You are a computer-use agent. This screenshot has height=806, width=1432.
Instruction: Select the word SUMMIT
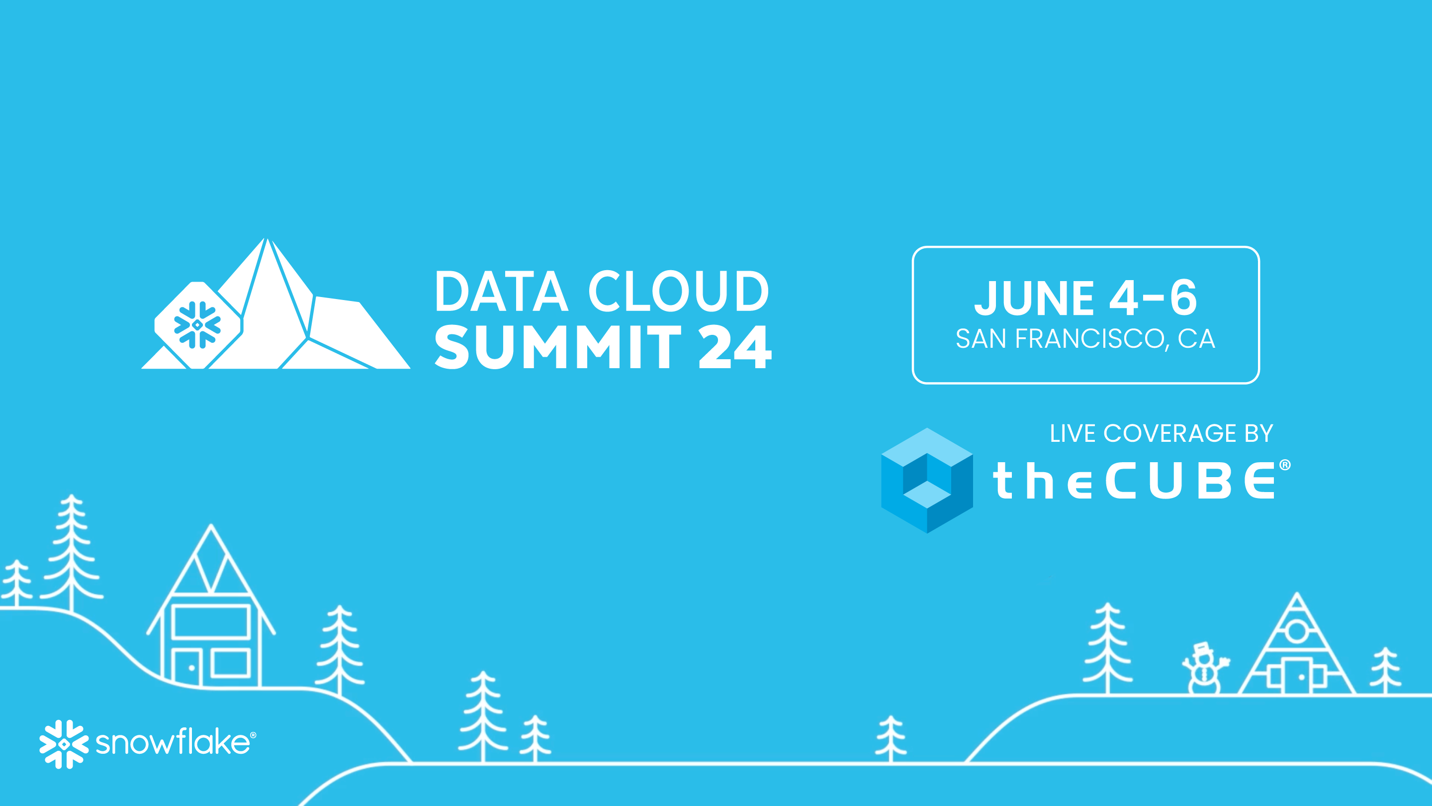(557, 348)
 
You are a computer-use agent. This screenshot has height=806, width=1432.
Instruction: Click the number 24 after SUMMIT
(735, 348)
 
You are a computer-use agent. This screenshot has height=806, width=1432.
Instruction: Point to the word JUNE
(1035, 298)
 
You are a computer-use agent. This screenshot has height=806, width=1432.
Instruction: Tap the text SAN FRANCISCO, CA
(1085, 339)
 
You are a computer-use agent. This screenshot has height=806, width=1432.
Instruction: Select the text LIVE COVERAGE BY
(1162, 433)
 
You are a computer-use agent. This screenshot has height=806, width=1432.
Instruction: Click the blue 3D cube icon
(927, 481)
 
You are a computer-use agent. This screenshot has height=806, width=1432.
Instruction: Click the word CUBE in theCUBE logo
(1190, 481)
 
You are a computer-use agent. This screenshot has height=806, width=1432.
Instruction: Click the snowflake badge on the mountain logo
(198, 325)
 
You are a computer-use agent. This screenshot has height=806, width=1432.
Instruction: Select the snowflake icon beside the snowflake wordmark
(64, 744)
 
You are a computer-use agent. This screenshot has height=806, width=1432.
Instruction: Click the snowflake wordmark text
(173, 743)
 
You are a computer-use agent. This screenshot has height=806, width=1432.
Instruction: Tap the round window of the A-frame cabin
(1297, 631)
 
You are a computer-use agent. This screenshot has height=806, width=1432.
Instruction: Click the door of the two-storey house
(185, 666)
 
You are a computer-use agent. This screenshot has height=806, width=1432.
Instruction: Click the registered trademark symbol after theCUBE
(1285, 465)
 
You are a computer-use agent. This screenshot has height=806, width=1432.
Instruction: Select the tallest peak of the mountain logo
(268, 240)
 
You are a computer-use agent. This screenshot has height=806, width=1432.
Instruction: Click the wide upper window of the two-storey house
(211, 622)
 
